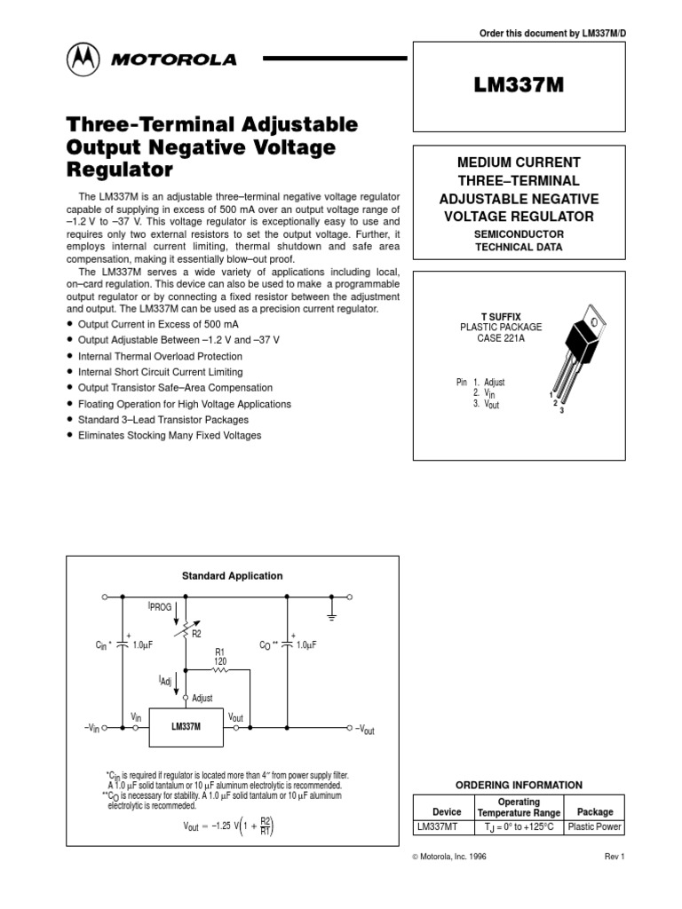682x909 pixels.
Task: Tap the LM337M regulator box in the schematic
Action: (x=186, y=726)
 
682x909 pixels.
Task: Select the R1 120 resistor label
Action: (x=220, y=656)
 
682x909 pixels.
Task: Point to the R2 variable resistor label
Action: (x=196, y=633)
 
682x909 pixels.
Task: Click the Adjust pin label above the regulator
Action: (x=202, y=699)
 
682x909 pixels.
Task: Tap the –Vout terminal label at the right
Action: (x=364, y=729)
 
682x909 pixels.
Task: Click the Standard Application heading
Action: (x=232, y=576)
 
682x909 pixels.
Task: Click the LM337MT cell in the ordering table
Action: (x=438, y=827)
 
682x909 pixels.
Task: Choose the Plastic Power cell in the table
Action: (x=595, y=827)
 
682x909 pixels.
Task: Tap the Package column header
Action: (x=595, y=811)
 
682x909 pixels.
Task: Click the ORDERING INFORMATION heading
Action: (x=519, y=785)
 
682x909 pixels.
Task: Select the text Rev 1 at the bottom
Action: (x=615, y=857)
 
